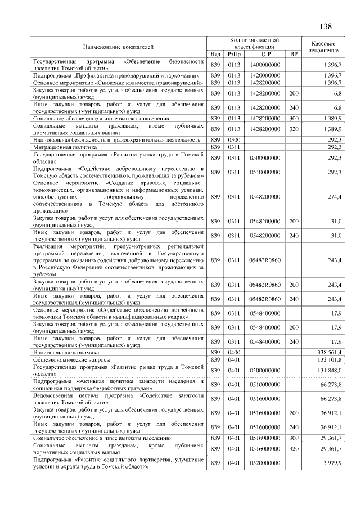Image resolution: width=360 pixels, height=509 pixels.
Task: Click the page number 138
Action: click(326, 26)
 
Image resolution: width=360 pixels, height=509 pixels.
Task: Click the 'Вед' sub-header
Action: click(215, 53)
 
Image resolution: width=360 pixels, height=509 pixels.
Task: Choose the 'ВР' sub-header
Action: click(293, 53)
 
